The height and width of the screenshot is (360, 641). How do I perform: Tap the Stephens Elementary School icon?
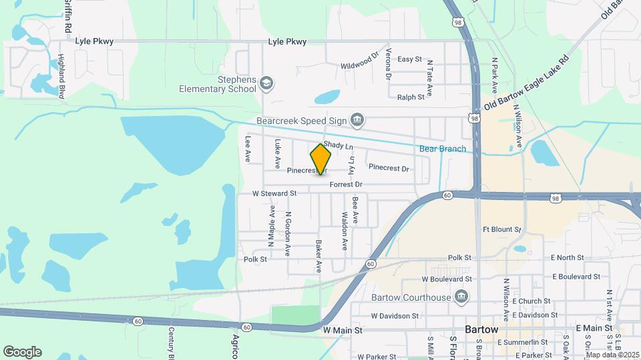coord(266,83)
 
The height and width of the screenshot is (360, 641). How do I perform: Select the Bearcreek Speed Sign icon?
coord(357,120)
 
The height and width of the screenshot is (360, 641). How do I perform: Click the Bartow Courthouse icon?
coord(460,297)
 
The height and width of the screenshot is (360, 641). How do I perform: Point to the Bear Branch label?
coord(442,149)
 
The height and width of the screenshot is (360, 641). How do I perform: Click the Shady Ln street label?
coord(338,145)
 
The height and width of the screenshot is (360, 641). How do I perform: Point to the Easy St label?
coord(409,59)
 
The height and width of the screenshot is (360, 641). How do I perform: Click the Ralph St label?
coord(411,97)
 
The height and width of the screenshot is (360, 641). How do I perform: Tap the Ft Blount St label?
coord(501,229)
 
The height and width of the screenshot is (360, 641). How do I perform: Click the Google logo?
coord(22,351)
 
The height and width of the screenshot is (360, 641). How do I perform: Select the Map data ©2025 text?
coord(612,354)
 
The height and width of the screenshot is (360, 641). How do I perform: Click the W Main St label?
coord(342,330)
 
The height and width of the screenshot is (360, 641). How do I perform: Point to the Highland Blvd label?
coord(61,77)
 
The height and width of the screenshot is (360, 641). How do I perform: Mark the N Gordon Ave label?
coord(288,234)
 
